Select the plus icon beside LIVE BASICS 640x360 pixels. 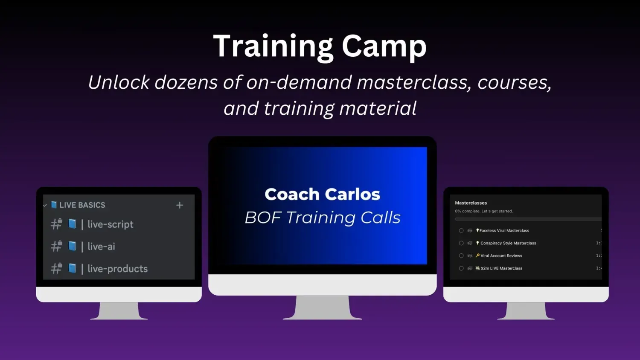coord(180,205)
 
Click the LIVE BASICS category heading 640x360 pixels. coord(82,205)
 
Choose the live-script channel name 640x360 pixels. coord(110,224)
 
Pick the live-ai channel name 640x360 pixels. coord(101,246)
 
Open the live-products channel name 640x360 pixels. coord(117,269)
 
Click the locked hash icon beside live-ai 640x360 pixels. coord(57,246)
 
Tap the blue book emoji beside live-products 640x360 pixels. coord(72,268)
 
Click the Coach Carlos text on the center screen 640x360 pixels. coord(322,194)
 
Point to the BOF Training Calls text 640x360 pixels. coord(323,218)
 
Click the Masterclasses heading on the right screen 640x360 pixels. coord(471,203)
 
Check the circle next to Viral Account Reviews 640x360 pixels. coord(461,256)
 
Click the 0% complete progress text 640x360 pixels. coord(484,211)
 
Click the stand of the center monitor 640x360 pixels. coord(322,308)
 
